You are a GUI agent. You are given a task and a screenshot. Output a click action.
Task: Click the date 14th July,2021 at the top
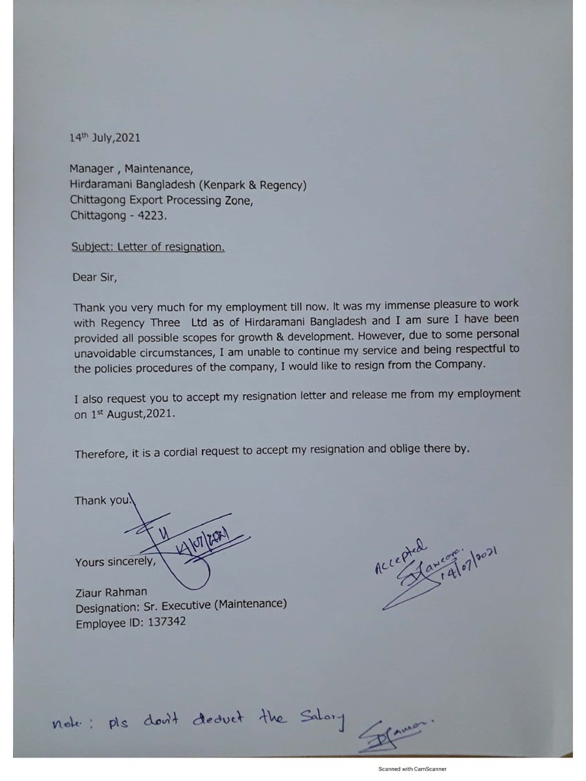pyautogui.click(x=105, y=138)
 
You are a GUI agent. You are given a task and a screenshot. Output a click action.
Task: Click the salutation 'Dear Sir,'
pyautogui.click(x=95, y=277)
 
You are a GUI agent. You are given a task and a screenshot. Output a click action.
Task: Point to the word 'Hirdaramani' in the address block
pyautogui.click(x=101, y=185)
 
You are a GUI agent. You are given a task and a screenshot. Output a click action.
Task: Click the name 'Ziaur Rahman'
pyautogui.click(x=111, y=592)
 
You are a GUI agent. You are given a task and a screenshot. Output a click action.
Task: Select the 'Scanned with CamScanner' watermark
pyautogui.click(x=412, y=770)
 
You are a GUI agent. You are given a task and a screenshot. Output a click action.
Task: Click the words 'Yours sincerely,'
pyautogui.click(x=115, y=562)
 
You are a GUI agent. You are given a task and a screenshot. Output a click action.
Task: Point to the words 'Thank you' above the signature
pyautogui.click(x=104, y=500)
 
